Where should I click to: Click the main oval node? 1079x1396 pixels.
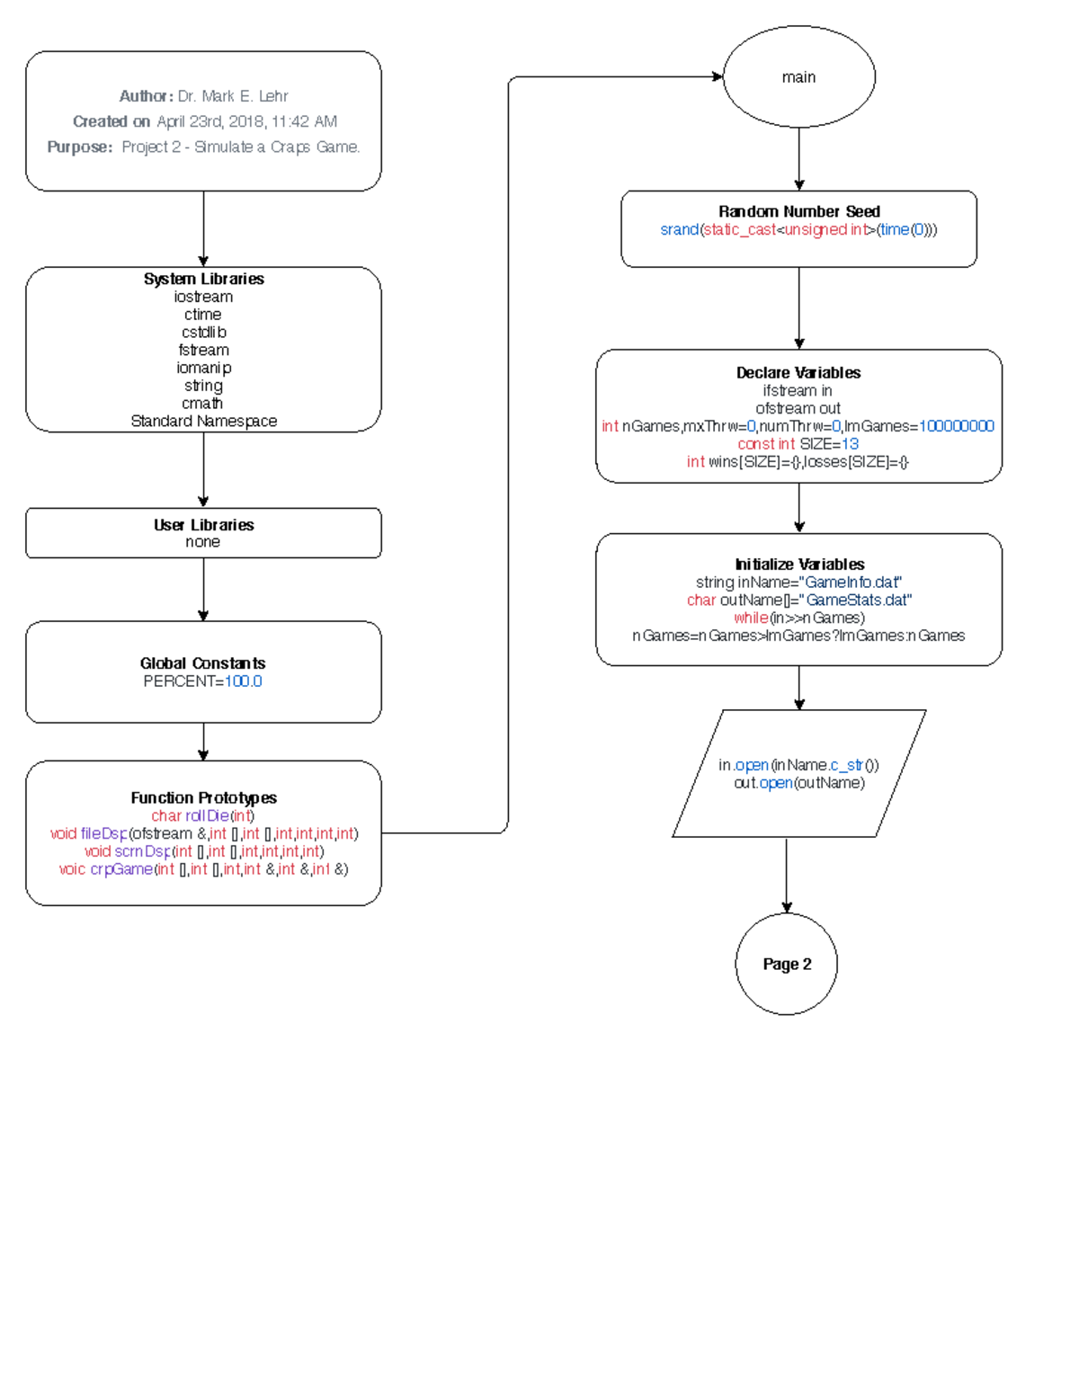(798, 76)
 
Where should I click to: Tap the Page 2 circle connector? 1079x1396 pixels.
(787, 964)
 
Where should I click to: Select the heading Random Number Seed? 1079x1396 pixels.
(798, 211)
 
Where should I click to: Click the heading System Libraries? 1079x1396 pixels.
(203, 279)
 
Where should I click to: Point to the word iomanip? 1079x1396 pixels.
(203, 368)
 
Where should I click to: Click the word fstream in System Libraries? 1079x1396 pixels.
(203, 350)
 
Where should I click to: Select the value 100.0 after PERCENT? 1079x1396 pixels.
(243, 681)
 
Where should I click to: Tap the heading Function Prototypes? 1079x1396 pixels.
(203, 797)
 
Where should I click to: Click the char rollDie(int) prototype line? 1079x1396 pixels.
(203, 815)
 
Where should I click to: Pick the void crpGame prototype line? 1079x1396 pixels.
(203, 869)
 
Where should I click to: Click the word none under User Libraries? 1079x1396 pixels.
(202, 542)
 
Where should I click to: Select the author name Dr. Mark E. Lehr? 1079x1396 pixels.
(233, 96)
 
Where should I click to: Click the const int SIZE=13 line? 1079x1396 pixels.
(798, 444)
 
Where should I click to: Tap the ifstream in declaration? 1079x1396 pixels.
(798, 390)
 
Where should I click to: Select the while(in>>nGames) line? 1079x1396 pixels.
(798, 618)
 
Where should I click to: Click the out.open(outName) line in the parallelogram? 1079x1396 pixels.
(798, 783)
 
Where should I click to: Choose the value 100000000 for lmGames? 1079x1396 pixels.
(956, 426)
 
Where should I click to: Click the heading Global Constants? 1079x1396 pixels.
(202, 663)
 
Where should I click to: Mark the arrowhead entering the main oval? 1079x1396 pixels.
(718, 76)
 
